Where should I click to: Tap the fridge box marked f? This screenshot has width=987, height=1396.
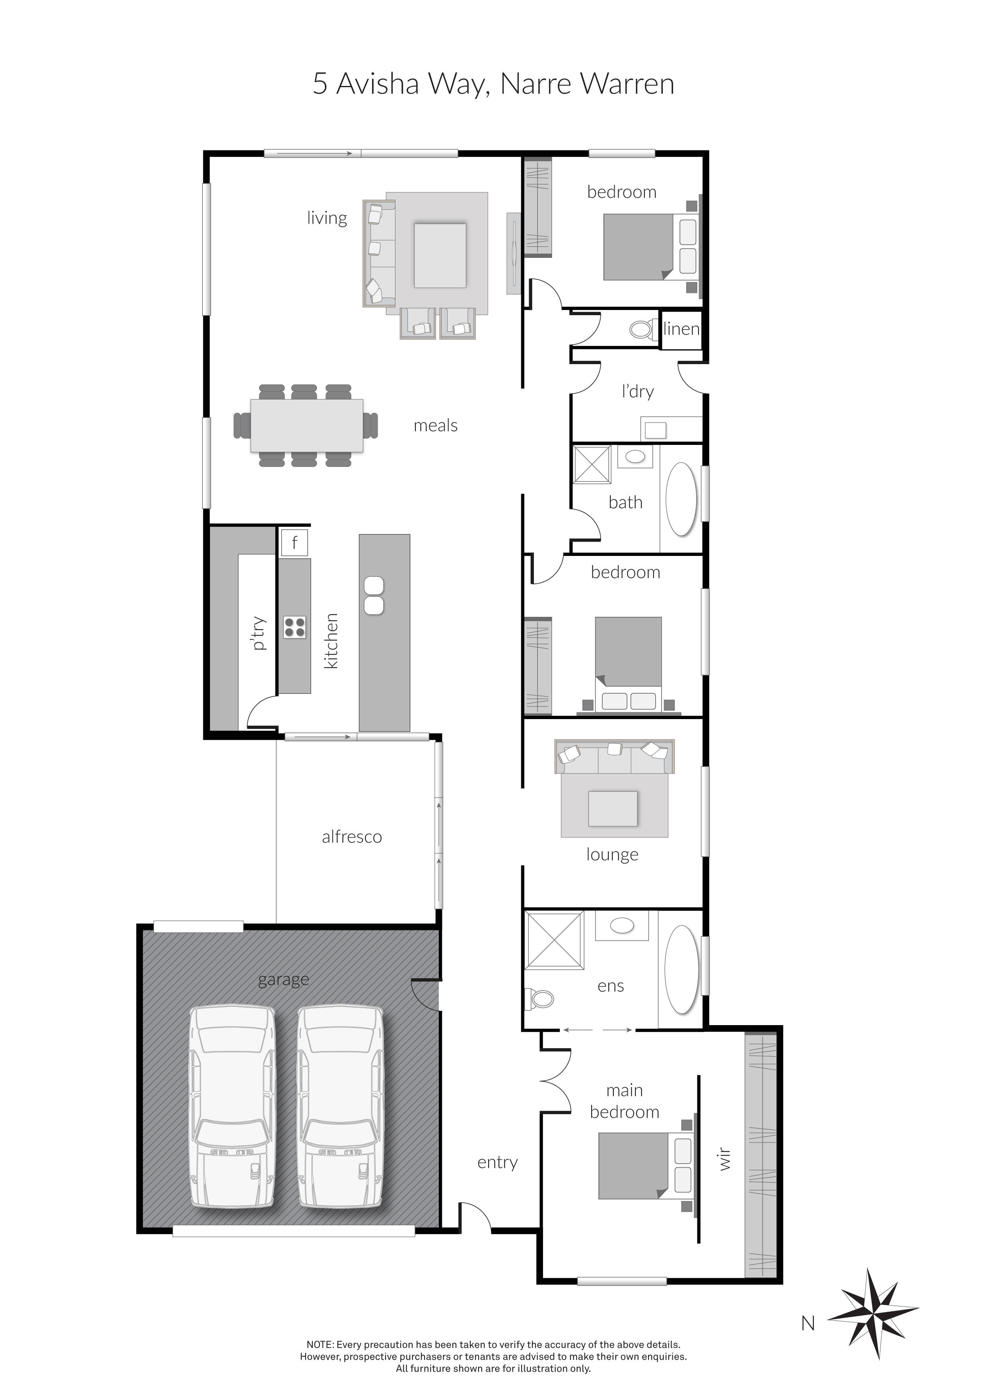[294, 542]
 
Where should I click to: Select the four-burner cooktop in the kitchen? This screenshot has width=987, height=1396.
[295, 627]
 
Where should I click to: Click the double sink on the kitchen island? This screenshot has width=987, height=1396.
[374, 595]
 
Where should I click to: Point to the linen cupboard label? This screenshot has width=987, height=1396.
[681, 330]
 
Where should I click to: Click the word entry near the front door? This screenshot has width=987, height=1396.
[497, 1162]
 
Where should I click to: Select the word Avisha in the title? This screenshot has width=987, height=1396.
[378, 84]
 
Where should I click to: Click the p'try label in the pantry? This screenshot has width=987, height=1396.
[258, 634]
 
